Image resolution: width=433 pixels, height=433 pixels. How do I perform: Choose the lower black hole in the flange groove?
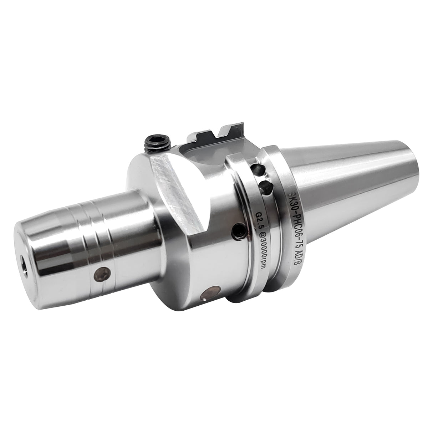266,186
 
